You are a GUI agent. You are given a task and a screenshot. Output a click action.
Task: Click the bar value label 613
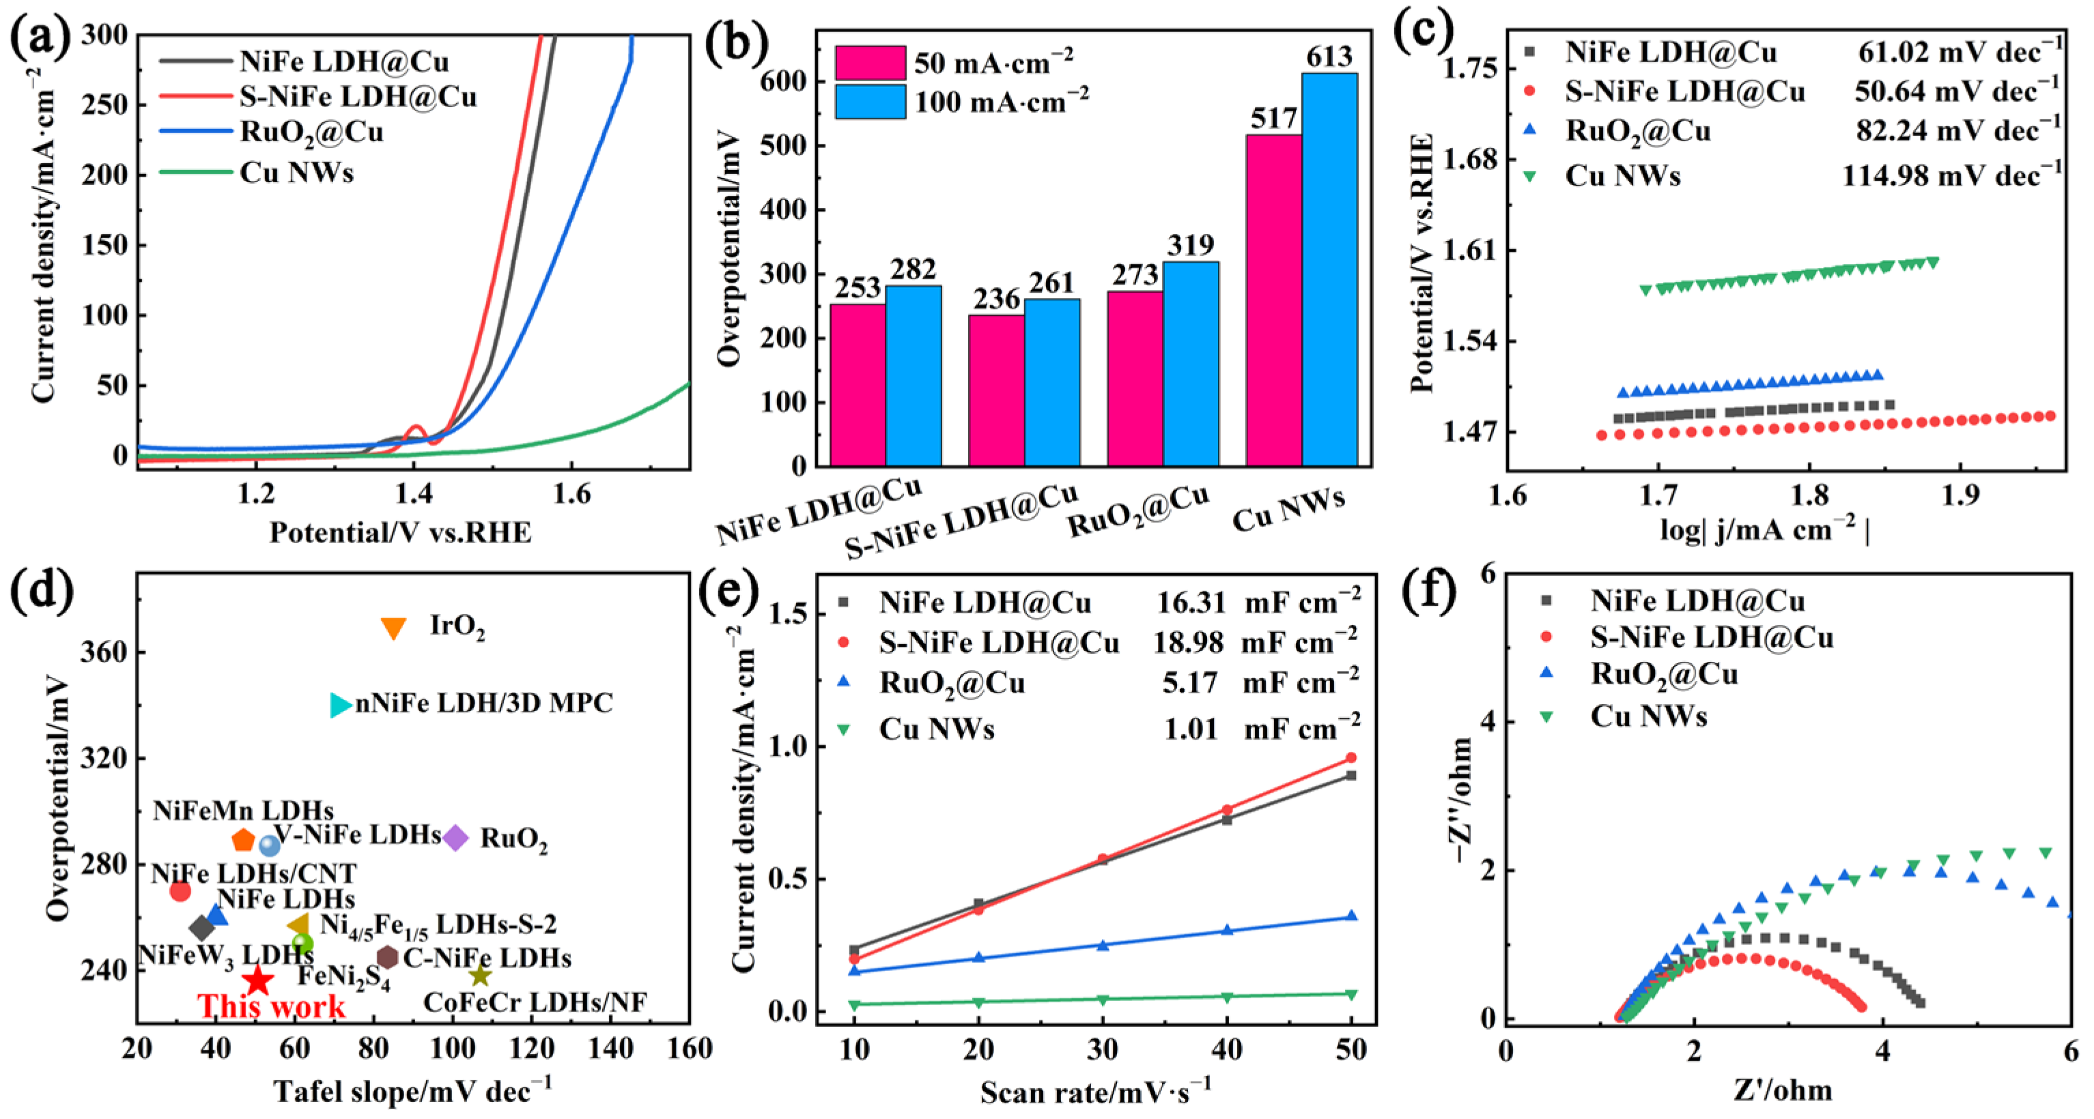[1329, 56]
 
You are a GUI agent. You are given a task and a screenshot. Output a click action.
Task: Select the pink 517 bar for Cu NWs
[1274, 300]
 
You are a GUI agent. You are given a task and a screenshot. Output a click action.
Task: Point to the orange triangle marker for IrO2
[393, 627]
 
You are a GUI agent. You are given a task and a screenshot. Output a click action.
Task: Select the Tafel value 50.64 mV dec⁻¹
[1957, 90]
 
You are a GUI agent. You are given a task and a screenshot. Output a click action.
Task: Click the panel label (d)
[42, 591]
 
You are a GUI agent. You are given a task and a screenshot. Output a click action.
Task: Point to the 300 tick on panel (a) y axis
[105, 34]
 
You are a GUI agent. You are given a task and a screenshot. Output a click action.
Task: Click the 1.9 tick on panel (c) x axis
[1961, 494]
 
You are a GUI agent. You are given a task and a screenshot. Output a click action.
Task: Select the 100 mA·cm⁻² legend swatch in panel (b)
[870, 102]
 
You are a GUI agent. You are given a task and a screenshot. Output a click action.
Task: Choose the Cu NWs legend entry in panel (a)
[257, 172]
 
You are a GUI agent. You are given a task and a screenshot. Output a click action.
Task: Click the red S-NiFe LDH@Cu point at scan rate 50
[1351, 758]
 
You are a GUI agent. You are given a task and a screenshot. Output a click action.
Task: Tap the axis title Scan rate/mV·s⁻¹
[1095, 1090]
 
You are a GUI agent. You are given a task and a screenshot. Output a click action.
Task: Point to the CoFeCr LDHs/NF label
[535, 1003]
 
